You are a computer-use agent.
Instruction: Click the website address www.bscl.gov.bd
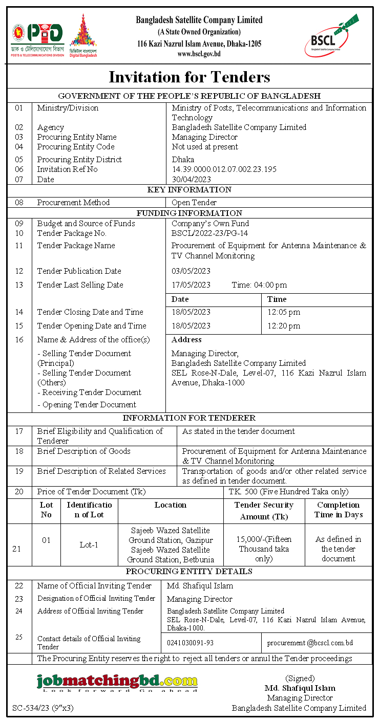pyautogui.click(x=199, y=54)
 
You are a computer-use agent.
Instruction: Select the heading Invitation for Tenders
pyautogui.click(x=189, y=77)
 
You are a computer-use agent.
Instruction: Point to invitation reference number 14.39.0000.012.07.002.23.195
pyautogui.click(x=224, y=169)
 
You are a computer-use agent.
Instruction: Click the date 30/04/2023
pyautogui.click(x=191, y=179)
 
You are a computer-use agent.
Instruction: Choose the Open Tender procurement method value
pyautogui.click(x=194, y=202)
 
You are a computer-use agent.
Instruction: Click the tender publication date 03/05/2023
pyautogui.click(x=191, y=271)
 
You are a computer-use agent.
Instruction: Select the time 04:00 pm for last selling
pyautogui.click(x=259, y=285)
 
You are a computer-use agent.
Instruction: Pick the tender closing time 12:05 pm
pyautogui.click(x=284, y=312)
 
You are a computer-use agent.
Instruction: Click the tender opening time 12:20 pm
pyautogui.click(x=284, y=325)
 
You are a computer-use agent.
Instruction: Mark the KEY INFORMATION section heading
pyautogui.click(x=189, y=190)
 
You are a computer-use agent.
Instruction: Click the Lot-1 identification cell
pyautogui.click(x=89, y=544)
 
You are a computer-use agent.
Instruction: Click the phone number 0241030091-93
pyautogui.click(x=191, y=643)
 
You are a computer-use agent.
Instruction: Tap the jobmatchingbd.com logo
pyautogui.click(x=117, y=682)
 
